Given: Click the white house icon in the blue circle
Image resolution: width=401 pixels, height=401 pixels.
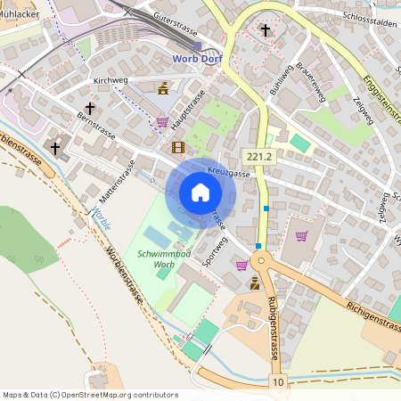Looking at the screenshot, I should tap(200, 192).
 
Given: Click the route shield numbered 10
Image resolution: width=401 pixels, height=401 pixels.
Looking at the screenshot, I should tap(280, 382).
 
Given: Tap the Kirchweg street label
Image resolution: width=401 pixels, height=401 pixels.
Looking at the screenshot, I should tap(111, 81).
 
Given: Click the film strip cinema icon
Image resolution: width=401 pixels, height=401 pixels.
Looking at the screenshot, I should tap(178, 147).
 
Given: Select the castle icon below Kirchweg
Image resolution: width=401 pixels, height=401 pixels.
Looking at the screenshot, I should tap(163, 88).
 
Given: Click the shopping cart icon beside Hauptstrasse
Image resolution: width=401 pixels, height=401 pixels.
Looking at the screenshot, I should tap(162, 122).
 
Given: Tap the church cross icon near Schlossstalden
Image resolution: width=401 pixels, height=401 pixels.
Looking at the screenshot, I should tap(265, 30).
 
